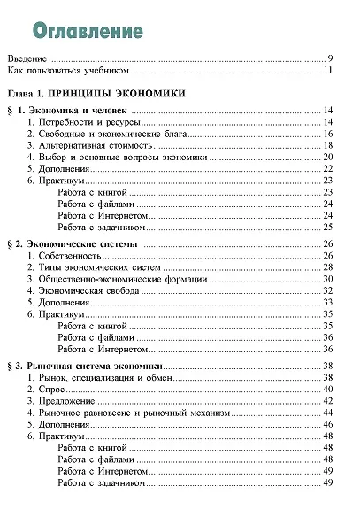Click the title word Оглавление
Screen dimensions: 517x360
[x=88, y=32]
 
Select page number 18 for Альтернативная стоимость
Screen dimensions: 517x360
[x=327, y=144]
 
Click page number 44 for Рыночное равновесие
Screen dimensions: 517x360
[x=327, y=413]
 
